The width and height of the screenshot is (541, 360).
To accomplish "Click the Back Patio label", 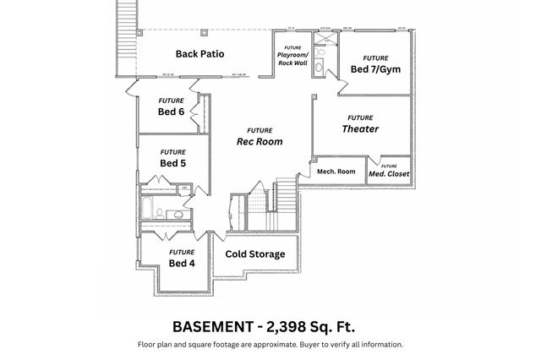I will point(199,54).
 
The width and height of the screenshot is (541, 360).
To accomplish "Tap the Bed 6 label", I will point(171,112).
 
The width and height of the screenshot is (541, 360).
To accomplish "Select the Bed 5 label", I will point(172,163).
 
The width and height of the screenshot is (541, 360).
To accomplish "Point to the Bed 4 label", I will point(181,263).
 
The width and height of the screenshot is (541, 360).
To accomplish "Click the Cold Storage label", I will point(254,254).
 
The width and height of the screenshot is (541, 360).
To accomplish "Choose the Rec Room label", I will point(260,141).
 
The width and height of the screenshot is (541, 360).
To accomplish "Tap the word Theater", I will point(360,129).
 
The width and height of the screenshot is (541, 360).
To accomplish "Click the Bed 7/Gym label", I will point(375,68).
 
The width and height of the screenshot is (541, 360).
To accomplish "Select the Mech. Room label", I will point(336,172).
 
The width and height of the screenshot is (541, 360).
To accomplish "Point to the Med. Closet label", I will point(388,174).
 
